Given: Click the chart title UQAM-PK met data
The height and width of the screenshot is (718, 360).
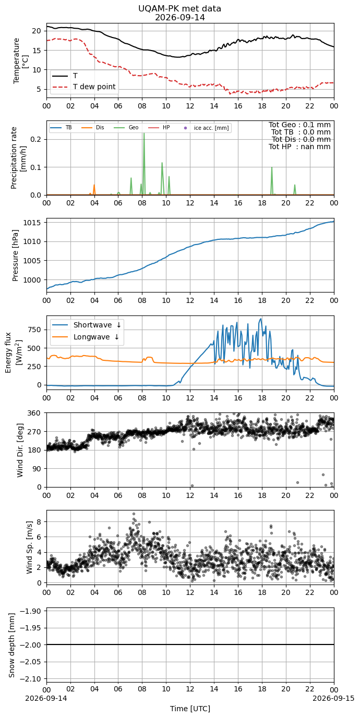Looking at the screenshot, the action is (179, 9).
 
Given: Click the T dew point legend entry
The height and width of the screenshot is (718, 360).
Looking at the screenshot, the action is (84, 87).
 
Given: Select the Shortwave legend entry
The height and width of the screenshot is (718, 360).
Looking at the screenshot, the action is (87, 325).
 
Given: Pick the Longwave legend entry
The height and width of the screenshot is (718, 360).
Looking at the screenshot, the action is (86, 337).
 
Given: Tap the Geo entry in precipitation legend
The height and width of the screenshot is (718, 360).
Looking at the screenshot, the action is (126, 128).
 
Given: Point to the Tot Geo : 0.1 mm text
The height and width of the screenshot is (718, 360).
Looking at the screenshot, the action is (299, 125).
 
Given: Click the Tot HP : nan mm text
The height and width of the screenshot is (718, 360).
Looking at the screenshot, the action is (299, 147).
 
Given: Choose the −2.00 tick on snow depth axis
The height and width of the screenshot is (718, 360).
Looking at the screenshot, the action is (30, 644).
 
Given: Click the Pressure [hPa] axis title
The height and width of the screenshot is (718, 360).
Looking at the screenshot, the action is (16, 255).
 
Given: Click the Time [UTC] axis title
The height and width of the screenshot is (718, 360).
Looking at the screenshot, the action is (190, 709).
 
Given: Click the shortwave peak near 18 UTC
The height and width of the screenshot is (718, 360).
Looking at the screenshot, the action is (261, 319).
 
